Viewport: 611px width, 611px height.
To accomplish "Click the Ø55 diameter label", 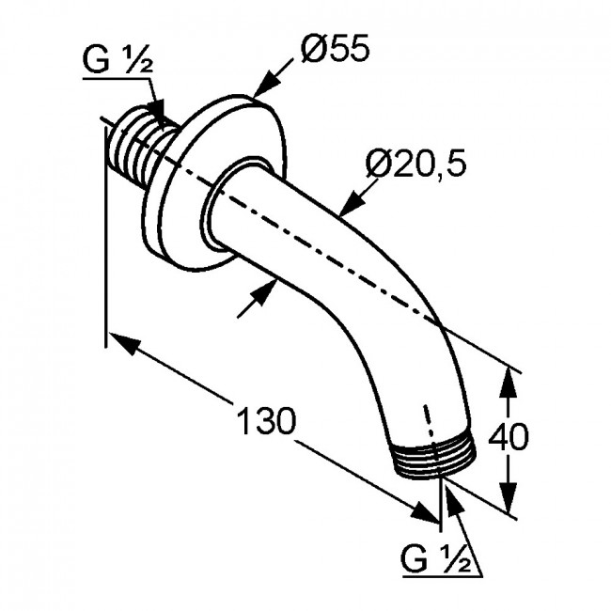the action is (x=335, y=48).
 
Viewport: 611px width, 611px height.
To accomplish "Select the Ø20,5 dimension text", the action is (x=415, y=164).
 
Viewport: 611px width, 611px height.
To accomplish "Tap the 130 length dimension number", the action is (x=267, y=421).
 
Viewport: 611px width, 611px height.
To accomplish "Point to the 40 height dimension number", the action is (x=509, y=435).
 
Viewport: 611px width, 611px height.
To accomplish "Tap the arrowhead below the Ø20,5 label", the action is (x=352, y=203).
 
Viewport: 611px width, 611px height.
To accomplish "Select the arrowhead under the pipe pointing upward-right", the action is (x=263, y=291).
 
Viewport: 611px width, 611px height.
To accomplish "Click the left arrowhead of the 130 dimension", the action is (x=124, y=343).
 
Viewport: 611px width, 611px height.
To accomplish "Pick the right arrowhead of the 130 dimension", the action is (x=426, y=511).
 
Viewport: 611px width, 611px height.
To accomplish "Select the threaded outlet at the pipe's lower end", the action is (x=433, y=460).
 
